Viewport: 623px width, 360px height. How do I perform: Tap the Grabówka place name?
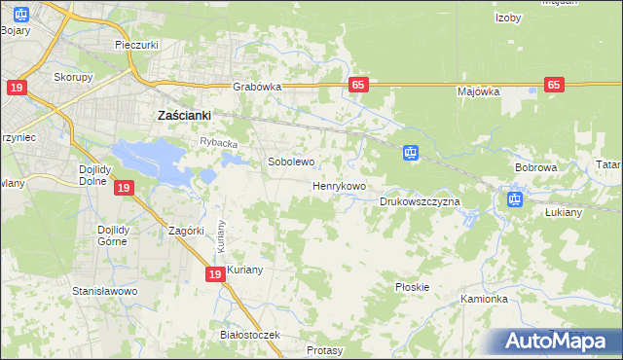[257, 86]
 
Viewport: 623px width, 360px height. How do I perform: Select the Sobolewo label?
[291, 162]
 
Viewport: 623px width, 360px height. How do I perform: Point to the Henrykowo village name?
[339, 185]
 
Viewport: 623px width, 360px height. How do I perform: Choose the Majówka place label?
[478, 91]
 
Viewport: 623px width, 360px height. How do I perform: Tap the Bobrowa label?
[534, 167]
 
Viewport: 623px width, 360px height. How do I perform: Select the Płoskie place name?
[413, 287]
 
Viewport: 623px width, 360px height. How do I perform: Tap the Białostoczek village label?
[250, 335]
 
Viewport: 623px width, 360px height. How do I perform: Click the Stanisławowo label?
[105, 291]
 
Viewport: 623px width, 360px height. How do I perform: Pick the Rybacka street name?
[219, 143]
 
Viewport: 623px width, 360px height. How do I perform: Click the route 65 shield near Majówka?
[554, 85]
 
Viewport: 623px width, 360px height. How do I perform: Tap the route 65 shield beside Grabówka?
[358, 85]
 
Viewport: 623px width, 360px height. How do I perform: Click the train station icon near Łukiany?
[514, 200]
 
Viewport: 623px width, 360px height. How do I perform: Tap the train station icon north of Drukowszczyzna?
[411, 153]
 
